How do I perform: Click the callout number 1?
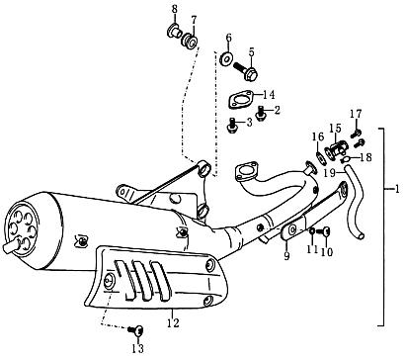(397, 188)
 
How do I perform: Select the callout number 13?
(137, 349)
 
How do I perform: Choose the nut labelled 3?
(232, 125)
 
